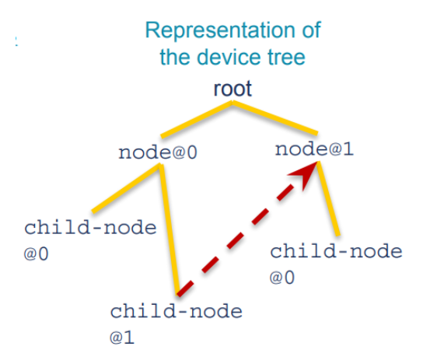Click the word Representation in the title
tap(221, 31)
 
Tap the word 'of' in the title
tap(312, 30)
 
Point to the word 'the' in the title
tap(177, 57)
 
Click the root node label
tap(232, 89)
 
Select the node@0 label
tap(158, 152)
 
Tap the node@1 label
tap(314, 149)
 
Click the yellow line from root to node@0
tap(197, 120)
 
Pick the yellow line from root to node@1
tap(275, 118)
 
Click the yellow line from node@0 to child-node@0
tap(126, 188)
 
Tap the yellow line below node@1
tap(328, 199)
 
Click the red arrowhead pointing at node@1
tap(305, 174)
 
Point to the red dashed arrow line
tap(246, 229)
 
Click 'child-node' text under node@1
tap(336, 251)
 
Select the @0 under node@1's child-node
tap(282, 278)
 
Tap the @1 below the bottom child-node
tap(122, 337)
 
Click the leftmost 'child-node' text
tap(90, 228)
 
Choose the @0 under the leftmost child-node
tap(36, 253)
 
